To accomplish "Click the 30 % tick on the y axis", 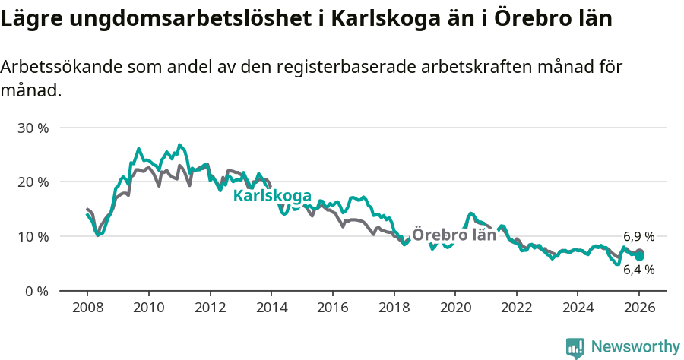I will tap(32, 128).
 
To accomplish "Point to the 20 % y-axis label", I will tap(32, 182).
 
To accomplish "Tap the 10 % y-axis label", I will tap(32, 236).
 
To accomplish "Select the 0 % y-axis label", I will tap(36, 291).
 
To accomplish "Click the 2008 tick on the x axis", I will tap(87, 308).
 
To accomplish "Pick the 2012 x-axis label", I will tap(210, 308).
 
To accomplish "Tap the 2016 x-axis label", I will tap(332, 308).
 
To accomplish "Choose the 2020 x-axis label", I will tap(454, 308).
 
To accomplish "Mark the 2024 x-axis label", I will tap(578, 308).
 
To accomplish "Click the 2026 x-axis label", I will tap(639, 308).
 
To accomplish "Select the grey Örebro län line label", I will tap(454, 235).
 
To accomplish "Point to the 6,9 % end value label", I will tap(638, 237).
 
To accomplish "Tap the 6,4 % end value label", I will tap(638, 270).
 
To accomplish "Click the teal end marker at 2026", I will tap(640, 256).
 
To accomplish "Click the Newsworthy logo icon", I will tap(575, 348).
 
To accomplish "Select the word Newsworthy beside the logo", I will tap(635, 347).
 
